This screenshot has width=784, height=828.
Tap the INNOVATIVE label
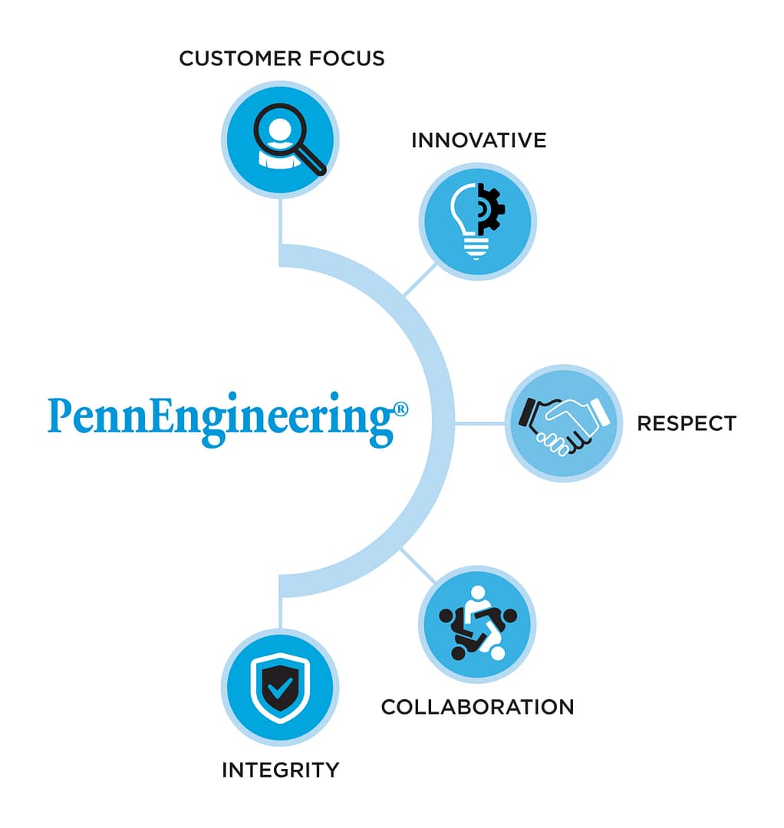pos(479,140)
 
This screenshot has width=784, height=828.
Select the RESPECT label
pos(687,423)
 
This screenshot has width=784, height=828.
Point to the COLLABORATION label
pos(477,707)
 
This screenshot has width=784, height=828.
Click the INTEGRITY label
pos(280,770)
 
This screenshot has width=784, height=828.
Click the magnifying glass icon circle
pos(280,140)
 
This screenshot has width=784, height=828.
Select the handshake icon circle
pos(564,423)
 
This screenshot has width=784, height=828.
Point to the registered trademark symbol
pos(400,409)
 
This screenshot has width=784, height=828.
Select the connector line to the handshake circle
pos(481,423)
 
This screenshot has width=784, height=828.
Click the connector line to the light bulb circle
pos(420,280)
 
